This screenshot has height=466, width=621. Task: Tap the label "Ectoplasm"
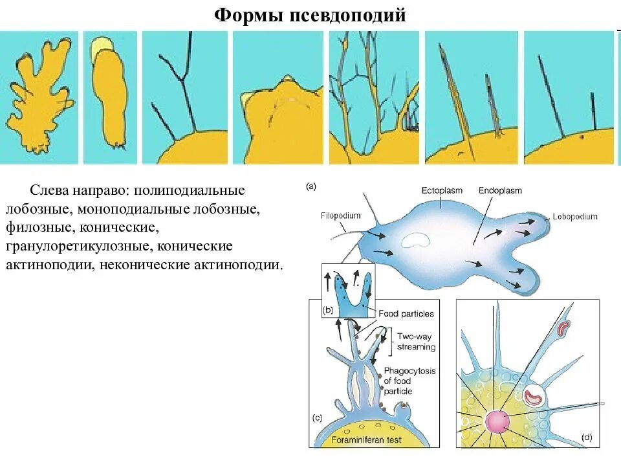click(x=442, y=190)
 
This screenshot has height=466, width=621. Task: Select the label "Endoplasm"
click(x=500, y=190)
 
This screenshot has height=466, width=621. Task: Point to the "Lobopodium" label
click(x=575, y=216)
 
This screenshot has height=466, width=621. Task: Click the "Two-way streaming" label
click(x=416, y=342)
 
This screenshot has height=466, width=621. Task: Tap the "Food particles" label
click(x=406, y=314)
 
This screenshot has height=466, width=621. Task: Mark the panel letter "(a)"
click(x=311, y=186)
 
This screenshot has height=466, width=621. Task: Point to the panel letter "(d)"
click(x=586, y=438)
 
